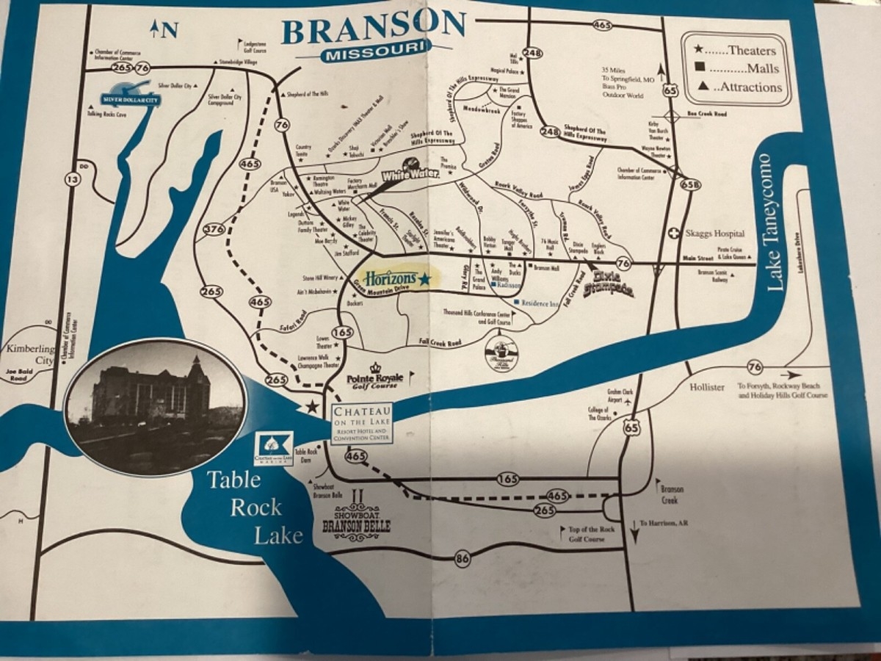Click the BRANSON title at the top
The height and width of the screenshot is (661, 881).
[x=373, y=29]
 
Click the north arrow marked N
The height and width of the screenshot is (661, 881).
[x=164, y=29]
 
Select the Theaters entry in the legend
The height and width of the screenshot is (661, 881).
[x=735, y=51]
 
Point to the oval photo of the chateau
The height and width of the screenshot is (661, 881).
[x=155, y=405]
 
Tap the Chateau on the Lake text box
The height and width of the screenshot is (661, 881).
[x=361, y=424]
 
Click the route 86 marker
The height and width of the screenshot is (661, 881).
[x=462, y=560]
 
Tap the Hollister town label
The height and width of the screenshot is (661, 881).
[x=707, y=387]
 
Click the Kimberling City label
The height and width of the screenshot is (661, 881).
[x=31, y=354]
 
